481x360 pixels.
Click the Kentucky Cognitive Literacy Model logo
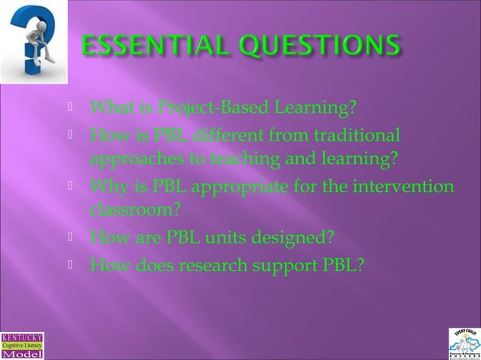pyautogui.click(x=22, y=346)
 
